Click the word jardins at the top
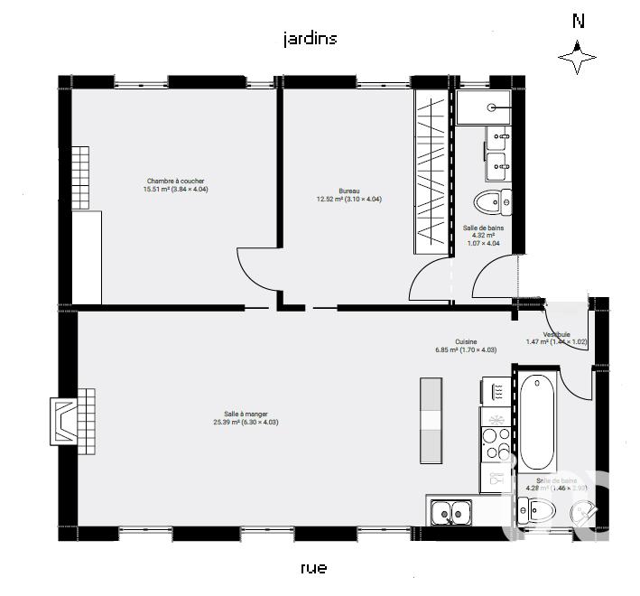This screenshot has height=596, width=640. click(310, 39)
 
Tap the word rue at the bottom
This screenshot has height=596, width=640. click(312, 568)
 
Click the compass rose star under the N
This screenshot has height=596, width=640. click(577, 58)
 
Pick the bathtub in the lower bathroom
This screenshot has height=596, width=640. click(538, 420)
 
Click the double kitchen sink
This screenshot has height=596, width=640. click(450, 513)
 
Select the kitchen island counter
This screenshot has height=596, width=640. click(432, 419)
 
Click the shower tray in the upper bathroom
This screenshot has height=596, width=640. click(487, 107)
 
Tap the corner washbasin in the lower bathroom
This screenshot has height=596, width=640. click(587, 511)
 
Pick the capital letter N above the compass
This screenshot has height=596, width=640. click(578, 21)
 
